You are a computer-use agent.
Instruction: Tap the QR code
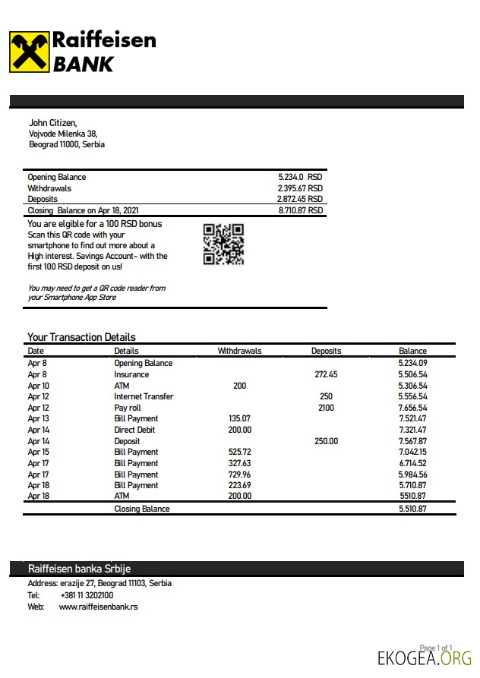tap(223, 244)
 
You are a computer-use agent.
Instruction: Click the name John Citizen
tap(52, 122)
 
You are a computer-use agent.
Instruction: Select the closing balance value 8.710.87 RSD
tap(301, 210)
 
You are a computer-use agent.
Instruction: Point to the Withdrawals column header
tap(239, 351)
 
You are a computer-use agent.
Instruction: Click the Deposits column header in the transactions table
tap(326, 351)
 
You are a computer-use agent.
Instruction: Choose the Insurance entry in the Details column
tap(131, 374)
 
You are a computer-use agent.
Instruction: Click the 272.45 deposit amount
tap(326, 374)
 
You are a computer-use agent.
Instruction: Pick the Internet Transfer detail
tap(144, 396)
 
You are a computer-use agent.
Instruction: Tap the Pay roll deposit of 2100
tap(326, 408)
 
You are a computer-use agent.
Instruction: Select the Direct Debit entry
tap(135, 430)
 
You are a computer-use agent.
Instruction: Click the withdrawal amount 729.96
tap(239, 474)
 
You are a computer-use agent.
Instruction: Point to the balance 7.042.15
tap(412, 452)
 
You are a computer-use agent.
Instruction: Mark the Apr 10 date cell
tap(38, 386)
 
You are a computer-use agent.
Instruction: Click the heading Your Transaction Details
tap(81, 337)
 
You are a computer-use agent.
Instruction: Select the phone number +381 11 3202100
tap(87, 595)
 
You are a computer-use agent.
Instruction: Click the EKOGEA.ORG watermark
tap(425, 658)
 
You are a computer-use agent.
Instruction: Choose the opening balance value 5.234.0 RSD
tap(300, 177)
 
